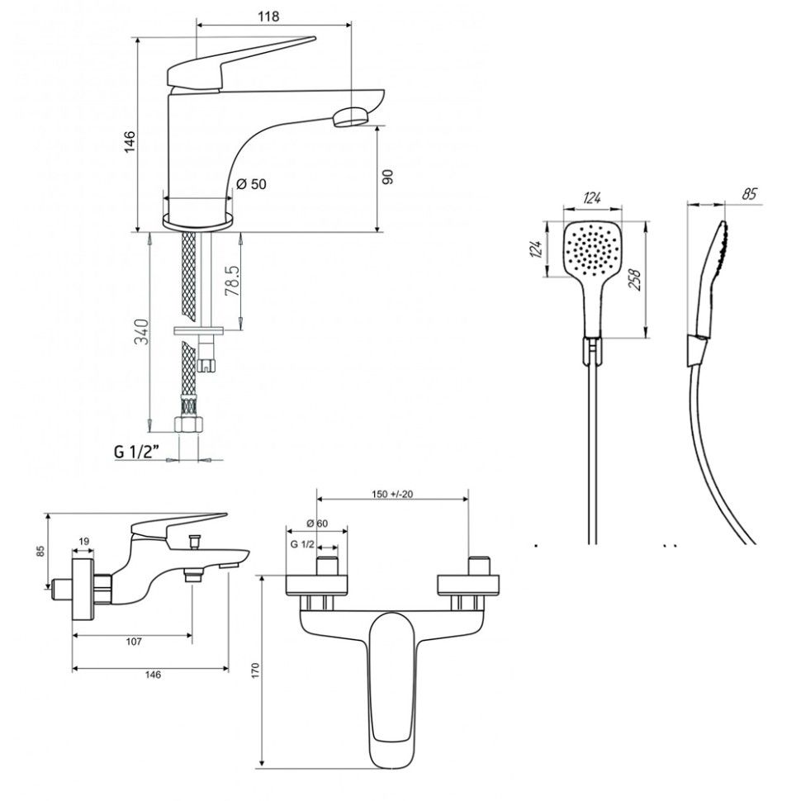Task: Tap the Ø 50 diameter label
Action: tap(251, 184)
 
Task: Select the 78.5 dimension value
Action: tap(233, 281)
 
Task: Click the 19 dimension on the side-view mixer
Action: tap(84, 542)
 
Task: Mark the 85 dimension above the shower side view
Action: tap(751, 195)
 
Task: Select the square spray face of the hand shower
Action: tap(592, 249)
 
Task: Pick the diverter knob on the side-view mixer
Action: tap(196, 542)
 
